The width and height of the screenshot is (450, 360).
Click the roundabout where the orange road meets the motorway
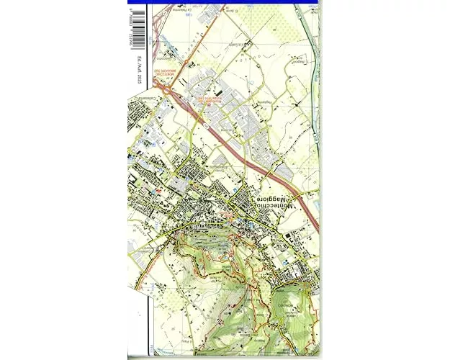point(171,93)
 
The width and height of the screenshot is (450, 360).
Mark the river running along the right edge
point(310,43)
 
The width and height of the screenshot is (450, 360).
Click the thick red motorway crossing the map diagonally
point(238,148)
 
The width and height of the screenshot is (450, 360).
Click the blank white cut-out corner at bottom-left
point(136,324)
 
